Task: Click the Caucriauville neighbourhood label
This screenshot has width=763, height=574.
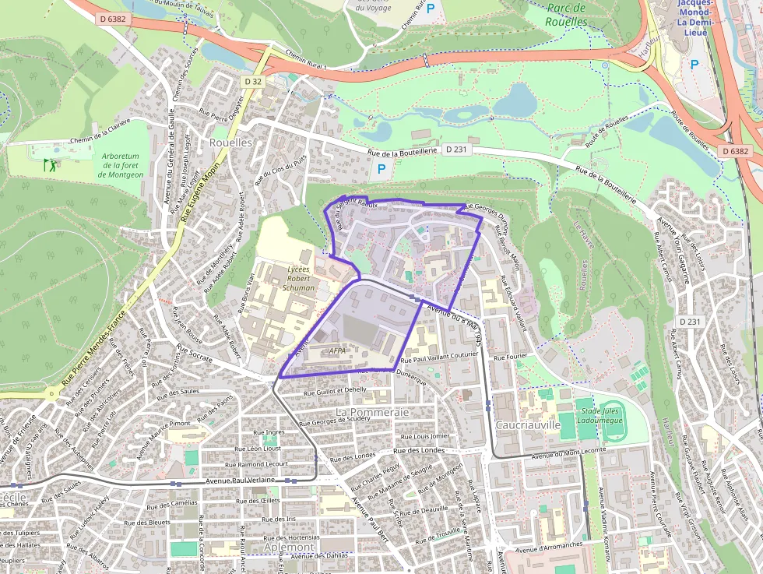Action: [528, 425]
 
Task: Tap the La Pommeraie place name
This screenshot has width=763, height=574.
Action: [372, 411]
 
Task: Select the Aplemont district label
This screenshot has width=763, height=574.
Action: [289, 548]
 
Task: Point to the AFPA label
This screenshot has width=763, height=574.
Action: [338, 350]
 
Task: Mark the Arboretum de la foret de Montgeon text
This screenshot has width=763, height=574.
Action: [121, 165]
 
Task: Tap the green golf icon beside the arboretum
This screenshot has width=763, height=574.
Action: [50, 164]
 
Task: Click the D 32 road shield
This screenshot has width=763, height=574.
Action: [253, 81]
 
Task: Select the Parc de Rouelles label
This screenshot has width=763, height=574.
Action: [567, 15]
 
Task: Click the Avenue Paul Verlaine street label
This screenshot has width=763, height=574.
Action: [241, 481]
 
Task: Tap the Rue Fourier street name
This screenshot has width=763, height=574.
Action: [511, 357]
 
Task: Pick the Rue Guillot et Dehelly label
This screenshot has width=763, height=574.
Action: [335, 390]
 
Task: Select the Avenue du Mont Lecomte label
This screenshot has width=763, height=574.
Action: [568, 453]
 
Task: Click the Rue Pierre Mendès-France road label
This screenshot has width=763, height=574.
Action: [94, 347]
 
